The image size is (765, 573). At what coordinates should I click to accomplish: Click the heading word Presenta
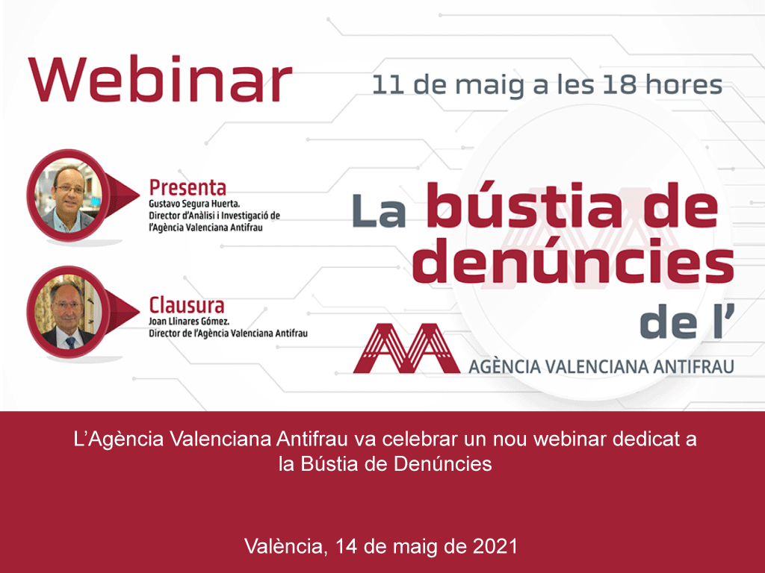tap(187, 187)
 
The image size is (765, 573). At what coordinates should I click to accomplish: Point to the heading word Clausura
tap(186, 305)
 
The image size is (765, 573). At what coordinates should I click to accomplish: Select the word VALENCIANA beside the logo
tap(587, 366)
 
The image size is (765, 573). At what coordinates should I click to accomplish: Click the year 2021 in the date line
tap(495, 546)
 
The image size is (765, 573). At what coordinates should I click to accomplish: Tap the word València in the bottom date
tap(285, 546)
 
